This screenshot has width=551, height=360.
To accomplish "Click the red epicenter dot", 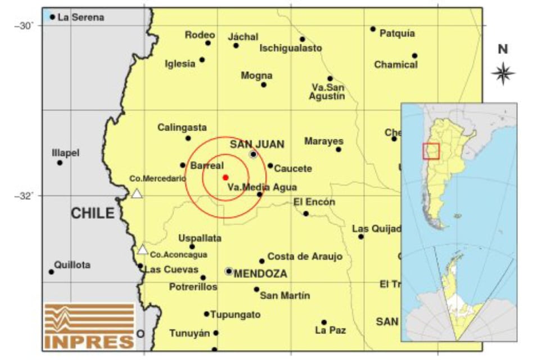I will coord(225,177).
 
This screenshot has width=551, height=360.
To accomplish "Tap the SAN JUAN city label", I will coord(257,143).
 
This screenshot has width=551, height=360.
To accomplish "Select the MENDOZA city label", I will coord(260,274).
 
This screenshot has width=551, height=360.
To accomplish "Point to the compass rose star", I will coord(503,73).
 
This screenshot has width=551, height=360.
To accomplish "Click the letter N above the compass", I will coord(503,49).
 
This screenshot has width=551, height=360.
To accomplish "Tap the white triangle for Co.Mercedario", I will coord(137,193).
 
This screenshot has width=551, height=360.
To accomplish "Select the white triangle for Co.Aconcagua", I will coord(143,250).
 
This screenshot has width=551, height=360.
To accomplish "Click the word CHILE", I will coord(92,213).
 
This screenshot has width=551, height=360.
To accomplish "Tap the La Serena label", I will coord(81,17).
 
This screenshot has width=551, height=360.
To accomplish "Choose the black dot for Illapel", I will coord(60,163).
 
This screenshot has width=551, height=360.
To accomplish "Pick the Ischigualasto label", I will coord(291,48).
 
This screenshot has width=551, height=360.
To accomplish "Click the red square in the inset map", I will coord(431,151).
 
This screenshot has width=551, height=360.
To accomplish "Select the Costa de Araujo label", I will coord(305,256).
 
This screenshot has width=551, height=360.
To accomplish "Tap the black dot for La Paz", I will coord(324,322).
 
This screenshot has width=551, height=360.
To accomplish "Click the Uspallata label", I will coord(200,238).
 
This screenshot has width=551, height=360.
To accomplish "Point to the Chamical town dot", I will coord(414,56).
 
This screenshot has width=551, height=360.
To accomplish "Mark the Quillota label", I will coord(72,265).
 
